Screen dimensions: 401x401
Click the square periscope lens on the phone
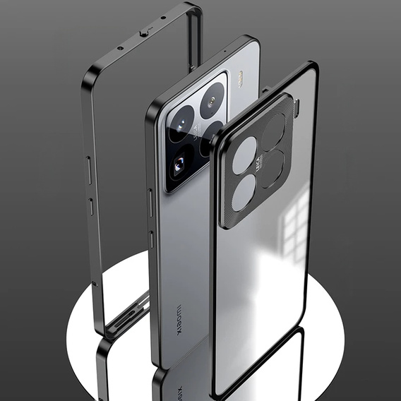[179, 165]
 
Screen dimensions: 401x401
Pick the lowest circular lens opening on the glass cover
[243, 192]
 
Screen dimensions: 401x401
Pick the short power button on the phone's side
[150, 239]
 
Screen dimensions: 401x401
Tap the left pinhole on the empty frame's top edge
[120, 48]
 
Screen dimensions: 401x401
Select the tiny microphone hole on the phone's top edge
[225, 52]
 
